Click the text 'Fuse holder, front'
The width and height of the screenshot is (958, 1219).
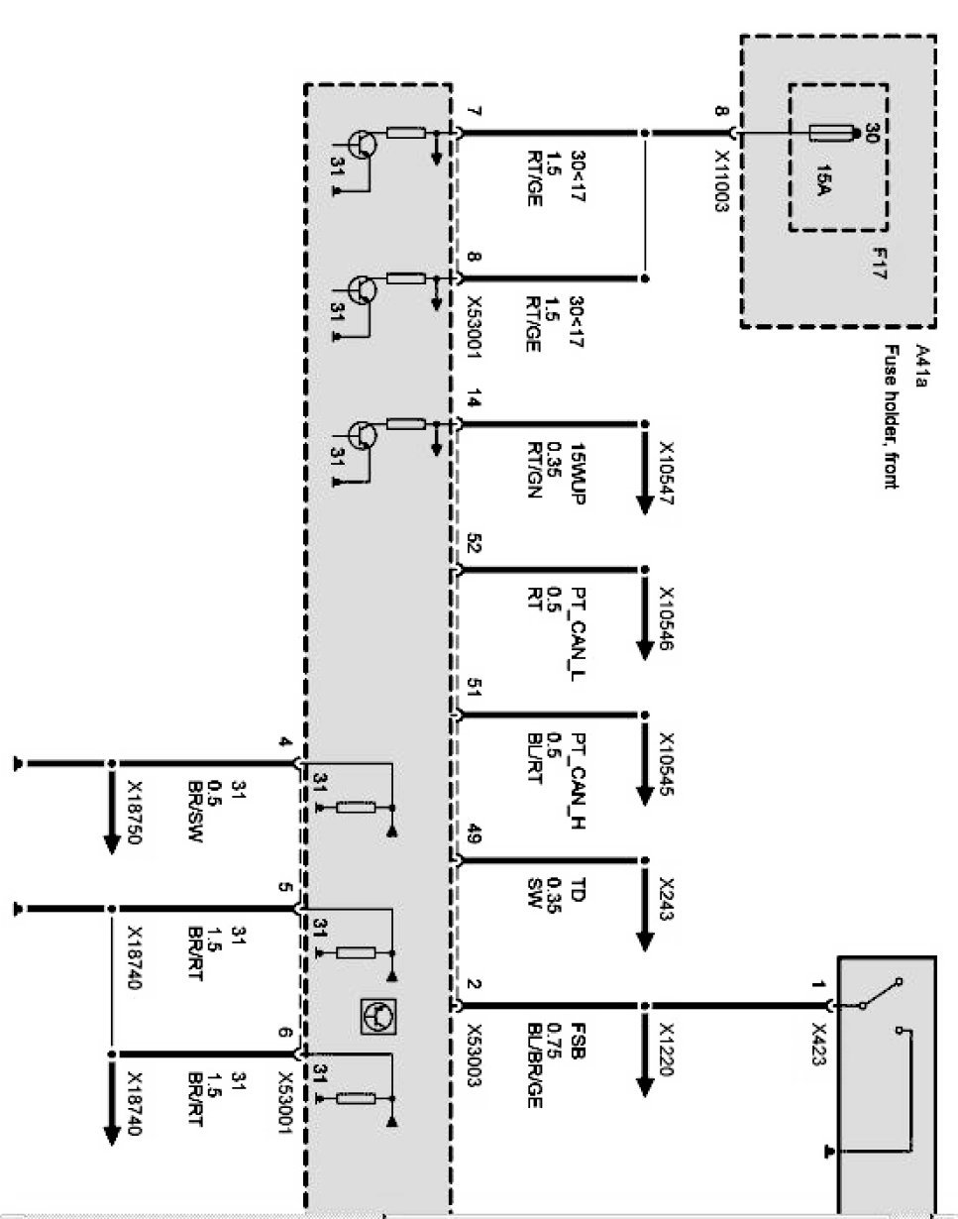click(x=893, y=416)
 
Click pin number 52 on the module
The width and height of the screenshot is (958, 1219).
click(x=474, y=545)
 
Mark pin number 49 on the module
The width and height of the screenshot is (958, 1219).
click(x=474, y=837)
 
